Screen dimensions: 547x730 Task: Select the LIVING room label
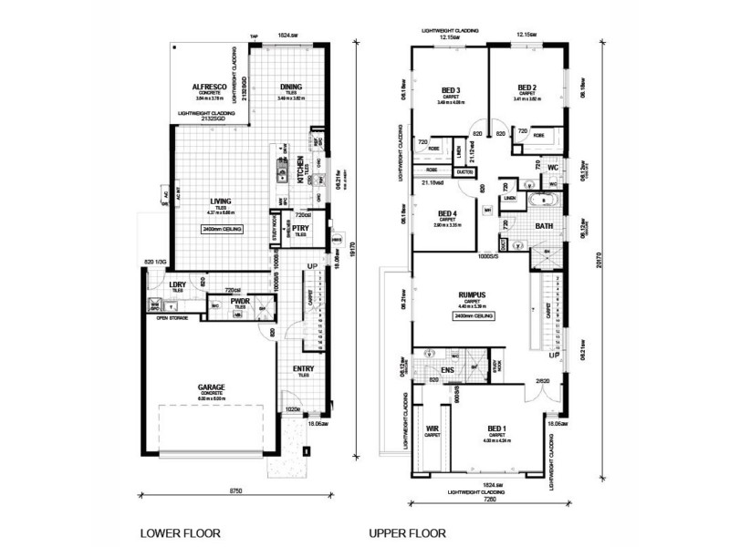tap(220, 201)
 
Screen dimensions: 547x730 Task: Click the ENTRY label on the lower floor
tap(303, 368)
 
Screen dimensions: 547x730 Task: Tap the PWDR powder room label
tap(241, 301)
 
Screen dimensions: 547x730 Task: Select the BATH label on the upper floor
tap(544, 226)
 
